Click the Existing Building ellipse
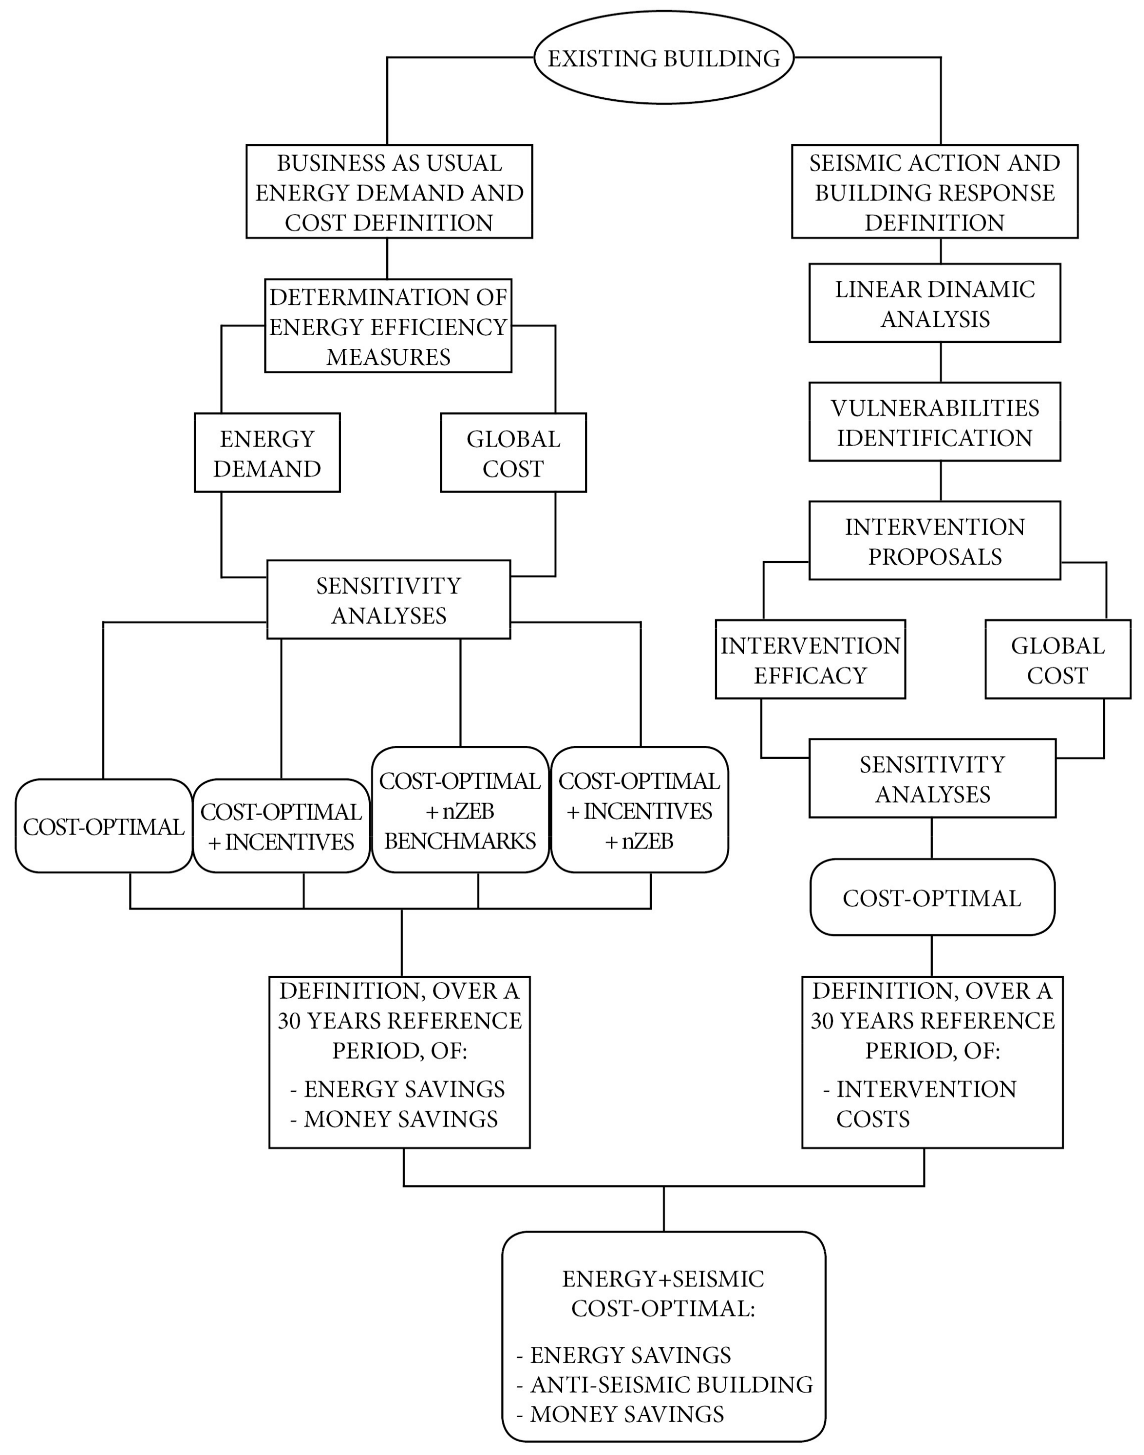[663, 58]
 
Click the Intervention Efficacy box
[810, 659]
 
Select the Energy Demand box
[267, 453]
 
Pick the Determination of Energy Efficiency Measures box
[388, 326]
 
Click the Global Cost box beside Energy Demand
[513, 453]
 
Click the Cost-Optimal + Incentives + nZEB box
[639, 810]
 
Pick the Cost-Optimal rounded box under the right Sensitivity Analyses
[932, 898]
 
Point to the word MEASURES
[388, 357]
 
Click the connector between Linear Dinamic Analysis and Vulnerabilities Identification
[940, 362]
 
